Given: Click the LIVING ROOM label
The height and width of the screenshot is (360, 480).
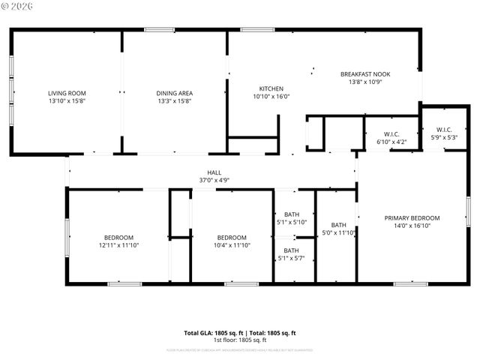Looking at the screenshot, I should pos(67,93).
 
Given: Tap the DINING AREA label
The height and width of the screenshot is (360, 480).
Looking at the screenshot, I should pos(174,93).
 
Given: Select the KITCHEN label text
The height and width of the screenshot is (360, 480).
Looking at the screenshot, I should pos(271,88).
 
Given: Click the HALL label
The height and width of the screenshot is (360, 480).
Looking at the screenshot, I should pos(214,172).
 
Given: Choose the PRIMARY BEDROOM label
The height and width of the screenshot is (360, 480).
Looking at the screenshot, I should pos(412,218).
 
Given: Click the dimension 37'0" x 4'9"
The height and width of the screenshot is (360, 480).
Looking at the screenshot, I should pos(214,180).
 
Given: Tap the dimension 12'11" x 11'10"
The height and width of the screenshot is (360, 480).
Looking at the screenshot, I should pos(118,245).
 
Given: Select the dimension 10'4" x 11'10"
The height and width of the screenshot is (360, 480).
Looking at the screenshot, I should pos(232,245).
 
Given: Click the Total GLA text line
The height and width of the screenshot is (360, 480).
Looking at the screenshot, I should pos(240,333).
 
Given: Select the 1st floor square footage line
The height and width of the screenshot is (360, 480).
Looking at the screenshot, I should pos(240,340).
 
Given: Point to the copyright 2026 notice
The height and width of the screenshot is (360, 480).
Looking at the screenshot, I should pos(19,6).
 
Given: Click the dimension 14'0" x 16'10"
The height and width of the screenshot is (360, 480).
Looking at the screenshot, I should pos(412,226).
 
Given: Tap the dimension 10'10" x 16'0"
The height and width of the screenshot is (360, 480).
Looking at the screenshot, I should pos(271,96).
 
